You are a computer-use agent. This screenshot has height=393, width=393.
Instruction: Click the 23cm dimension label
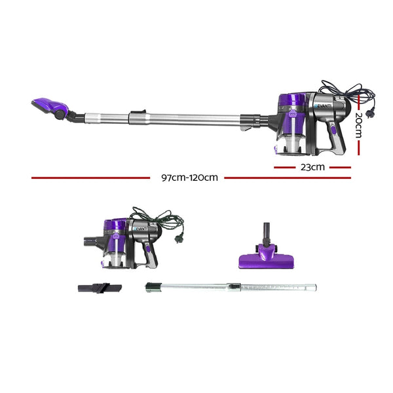tap(312, 167)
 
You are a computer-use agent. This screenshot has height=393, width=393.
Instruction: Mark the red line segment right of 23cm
tap(340, 167)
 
